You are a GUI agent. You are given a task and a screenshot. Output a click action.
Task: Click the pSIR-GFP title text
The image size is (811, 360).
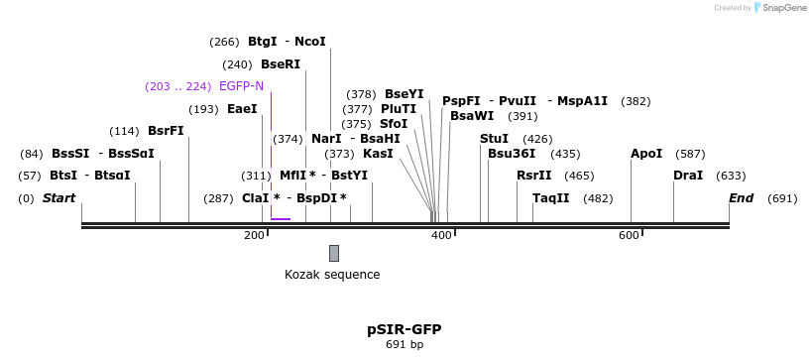coord(405,328)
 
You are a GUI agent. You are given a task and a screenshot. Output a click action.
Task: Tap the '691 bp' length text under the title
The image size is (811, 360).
coord(405,344)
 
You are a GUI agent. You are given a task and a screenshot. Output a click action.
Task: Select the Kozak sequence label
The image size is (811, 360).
coord(332,274)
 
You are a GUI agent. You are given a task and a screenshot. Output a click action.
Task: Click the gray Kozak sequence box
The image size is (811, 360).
coord(334,253)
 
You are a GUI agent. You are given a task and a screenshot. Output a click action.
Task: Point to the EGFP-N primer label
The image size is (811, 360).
coord(242,86)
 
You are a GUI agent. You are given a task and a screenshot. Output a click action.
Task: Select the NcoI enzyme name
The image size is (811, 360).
coord(310,42)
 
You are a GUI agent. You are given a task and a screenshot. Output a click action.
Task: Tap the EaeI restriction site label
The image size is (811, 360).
coord(242,109)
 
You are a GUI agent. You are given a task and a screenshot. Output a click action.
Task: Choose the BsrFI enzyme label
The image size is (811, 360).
coord(166,131)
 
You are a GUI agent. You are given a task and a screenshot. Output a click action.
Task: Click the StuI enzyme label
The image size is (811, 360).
coord(494,139)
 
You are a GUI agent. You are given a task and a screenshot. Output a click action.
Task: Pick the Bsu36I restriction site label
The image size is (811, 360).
coord(512,154)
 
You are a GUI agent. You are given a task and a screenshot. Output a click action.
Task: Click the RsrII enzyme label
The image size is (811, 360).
coord(533,176)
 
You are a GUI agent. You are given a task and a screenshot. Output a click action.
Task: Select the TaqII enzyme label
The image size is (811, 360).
coord(550,198)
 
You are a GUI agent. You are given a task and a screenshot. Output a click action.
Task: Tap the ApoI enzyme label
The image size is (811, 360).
coord(646,154)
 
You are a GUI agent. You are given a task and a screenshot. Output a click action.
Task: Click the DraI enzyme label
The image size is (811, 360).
coord(688,176)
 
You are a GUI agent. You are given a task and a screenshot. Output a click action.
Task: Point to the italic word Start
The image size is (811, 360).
coord(58,198)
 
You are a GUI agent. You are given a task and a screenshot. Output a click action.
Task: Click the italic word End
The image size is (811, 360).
coord(742,198)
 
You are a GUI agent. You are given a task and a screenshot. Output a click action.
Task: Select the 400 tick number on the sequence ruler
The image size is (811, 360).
coord(440,235)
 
